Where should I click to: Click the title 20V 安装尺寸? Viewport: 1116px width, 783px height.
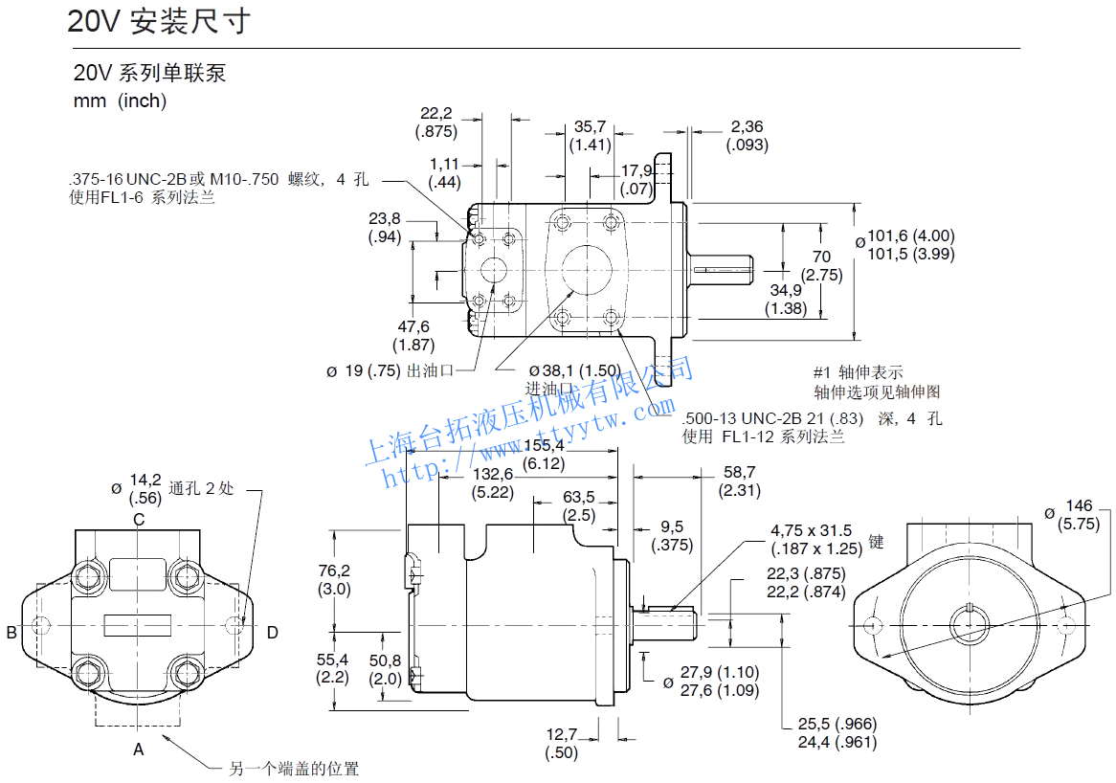click(x=159, y=21)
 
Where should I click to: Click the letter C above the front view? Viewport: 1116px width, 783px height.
click(x=139, y=520)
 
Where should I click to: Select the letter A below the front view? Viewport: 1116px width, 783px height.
click(x=139, y=749)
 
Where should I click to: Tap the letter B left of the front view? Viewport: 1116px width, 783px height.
click(x=11, y=632)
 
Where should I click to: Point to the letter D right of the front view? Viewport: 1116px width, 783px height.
click(x=272, y=632)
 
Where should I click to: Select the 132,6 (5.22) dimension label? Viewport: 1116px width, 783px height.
click(x=493, y=483)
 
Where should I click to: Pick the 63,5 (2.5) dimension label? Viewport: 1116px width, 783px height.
click(x=578, y=505)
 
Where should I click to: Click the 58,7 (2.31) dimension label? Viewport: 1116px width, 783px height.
click(x=739, y=481)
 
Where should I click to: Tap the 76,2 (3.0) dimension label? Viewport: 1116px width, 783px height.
click(x=334, y=580)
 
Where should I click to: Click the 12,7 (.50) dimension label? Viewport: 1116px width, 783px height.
click(x=562, y=744)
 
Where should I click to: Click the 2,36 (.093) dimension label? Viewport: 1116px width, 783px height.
click(x=747, y=135)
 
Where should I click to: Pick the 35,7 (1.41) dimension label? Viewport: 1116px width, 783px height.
click(x=590, y=135)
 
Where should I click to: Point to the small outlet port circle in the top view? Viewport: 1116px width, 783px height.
click(x=496, y=271)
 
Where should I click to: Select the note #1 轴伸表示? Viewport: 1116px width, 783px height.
click(x=858, y=372)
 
